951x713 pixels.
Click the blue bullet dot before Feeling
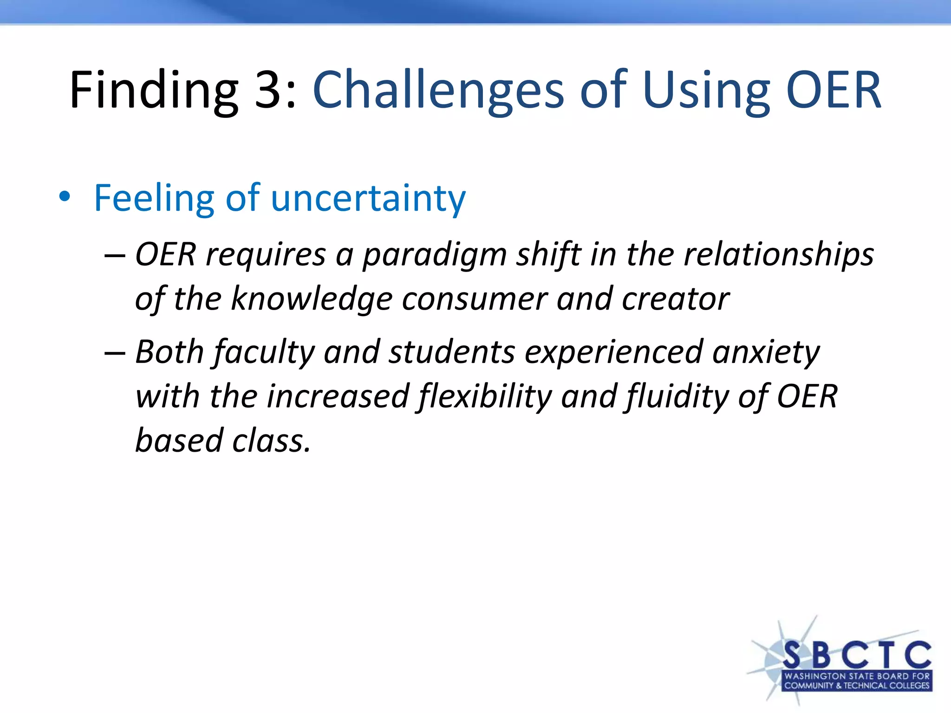[65, 197]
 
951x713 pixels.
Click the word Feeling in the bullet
[154, 198]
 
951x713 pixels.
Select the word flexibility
[485, 397]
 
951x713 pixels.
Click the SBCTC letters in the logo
[857, 655]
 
